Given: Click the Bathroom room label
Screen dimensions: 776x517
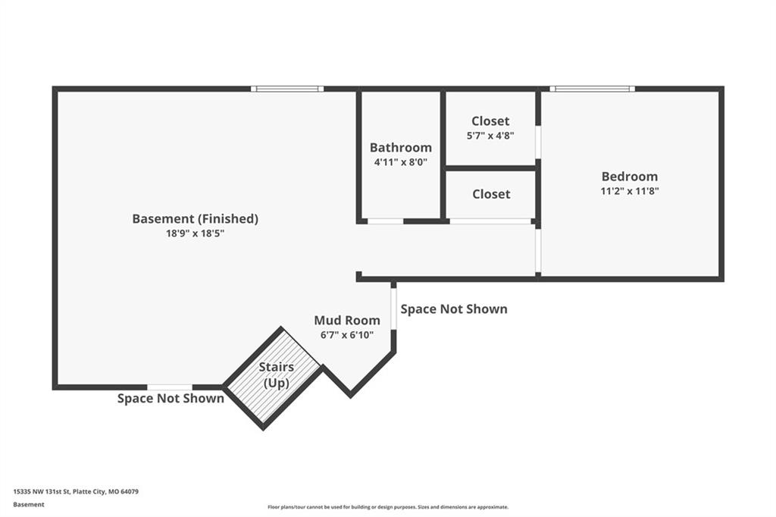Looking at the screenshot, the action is point(400,148).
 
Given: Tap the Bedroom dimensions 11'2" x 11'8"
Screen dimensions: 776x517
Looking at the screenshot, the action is point(630,191).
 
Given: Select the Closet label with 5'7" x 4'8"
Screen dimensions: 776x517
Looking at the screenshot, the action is point(490,121).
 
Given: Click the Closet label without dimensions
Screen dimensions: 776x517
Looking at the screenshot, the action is point(491,194).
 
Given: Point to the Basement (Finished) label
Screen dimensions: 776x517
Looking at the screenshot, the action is point(195,219).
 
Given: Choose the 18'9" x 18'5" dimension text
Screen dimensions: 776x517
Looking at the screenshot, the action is point(195,233).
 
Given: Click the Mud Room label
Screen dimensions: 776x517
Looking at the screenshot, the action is point(347,321).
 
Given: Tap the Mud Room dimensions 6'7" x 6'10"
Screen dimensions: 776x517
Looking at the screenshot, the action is point(347,335).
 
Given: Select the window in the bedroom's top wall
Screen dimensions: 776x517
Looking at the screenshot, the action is point(592,89).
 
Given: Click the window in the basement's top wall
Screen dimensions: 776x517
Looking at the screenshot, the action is point(287,89).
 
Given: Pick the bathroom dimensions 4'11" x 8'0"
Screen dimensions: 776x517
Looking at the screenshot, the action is point(400,162).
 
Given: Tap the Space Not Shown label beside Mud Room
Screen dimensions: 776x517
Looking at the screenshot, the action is point(454,309).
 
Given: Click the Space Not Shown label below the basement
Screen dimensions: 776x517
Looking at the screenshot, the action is point(171,398).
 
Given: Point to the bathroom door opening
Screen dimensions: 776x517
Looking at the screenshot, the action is point(386,221).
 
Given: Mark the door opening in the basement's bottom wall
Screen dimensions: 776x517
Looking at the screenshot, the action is point(170,387).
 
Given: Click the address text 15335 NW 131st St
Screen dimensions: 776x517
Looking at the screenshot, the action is point(42,492).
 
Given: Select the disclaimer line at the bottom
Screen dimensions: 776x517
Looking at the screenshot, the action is point(388,507).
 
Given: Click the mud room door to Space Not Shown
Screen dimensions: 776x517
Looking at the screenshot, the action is point(394,309).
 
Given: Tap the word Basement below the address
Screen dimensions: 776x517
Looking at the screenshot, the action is point(29,505).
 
